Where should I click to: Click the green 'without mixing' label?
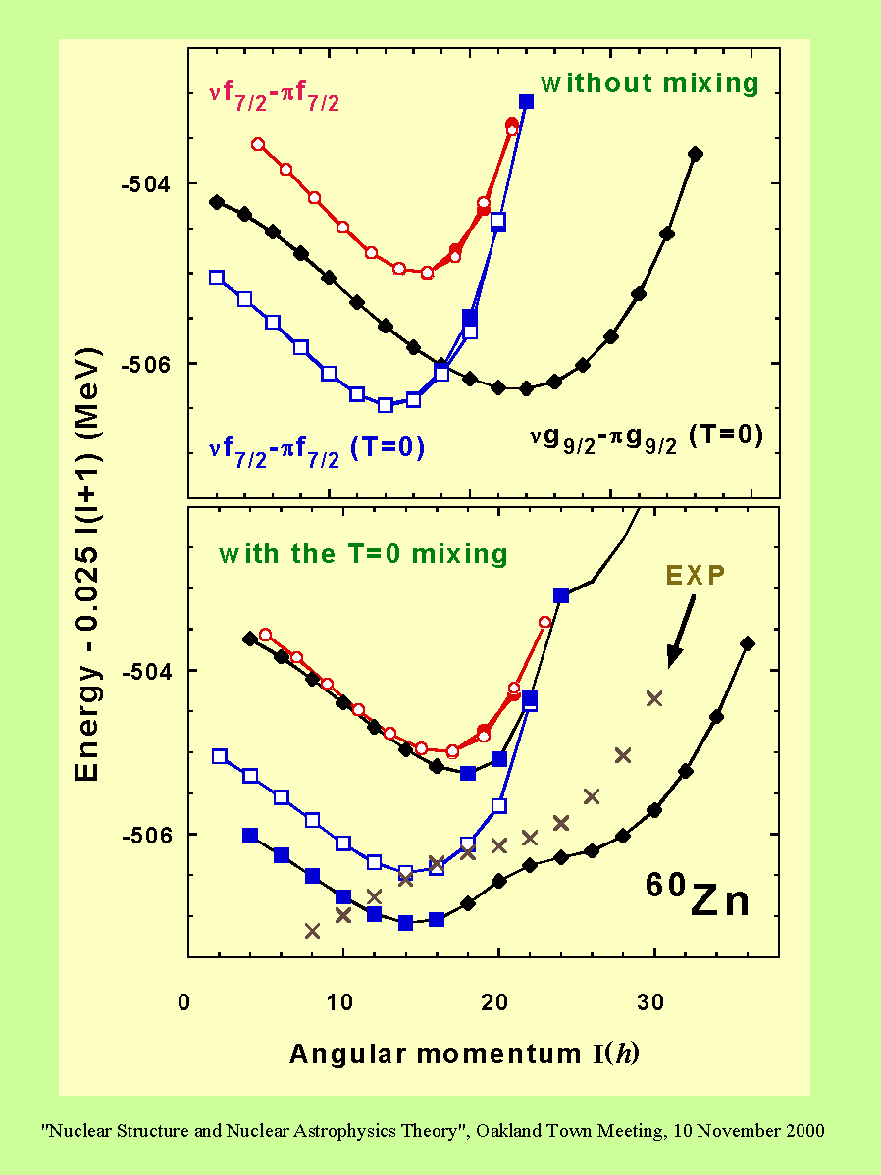click(650, 83)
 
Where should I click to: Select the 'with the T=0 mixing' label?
click(363, 554)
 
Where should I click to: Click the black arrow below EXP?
click(682, 628)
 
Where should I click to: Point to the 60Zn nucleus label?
click(697, 895)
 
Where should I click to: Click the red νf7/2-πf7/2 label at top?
click(274, 99)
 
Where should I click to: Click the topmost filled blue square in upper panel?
click(526, 102)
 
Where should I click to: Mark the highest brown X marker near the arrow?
click(653, 698)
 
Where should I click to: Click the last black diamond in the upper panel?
click(696, 154)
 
